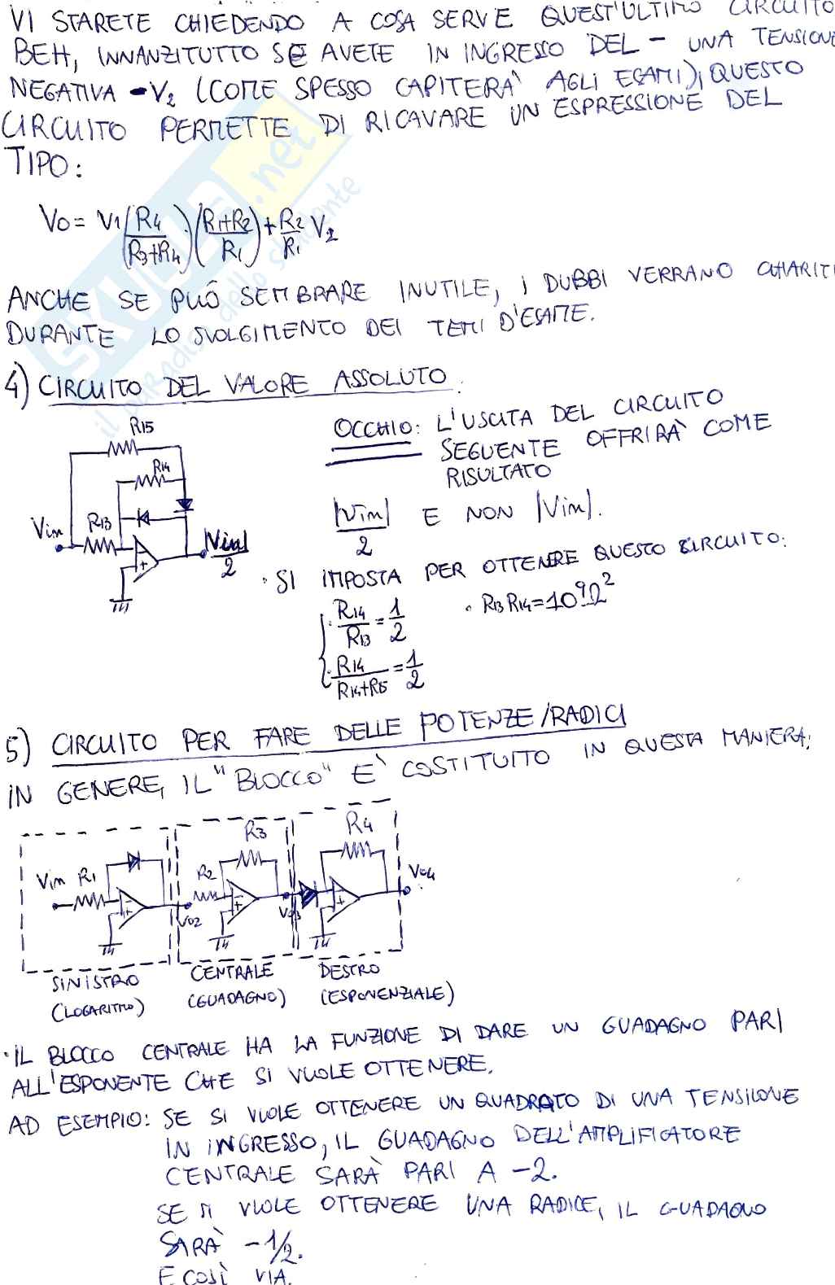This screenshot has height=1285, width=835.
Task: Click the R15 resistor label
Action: coord(142,426)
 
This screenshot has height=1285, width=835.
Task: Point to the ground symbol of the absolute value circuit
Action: coord(121,603)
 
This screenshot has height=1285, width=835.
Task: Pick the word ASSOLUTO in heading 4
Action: coord(391,378)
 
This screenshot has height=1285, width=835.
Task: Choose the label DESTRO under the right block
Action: coord(349,970)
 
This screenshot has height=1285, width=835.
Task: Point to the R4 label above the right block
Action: coord(359,824)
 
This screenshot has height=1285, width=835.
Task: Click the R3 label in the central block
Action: coord(256,831)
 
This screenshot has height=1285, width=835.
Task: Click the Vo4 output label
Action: coord(422,873)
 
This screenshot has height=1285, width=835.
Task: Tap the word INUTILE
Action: coord(444,288)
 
